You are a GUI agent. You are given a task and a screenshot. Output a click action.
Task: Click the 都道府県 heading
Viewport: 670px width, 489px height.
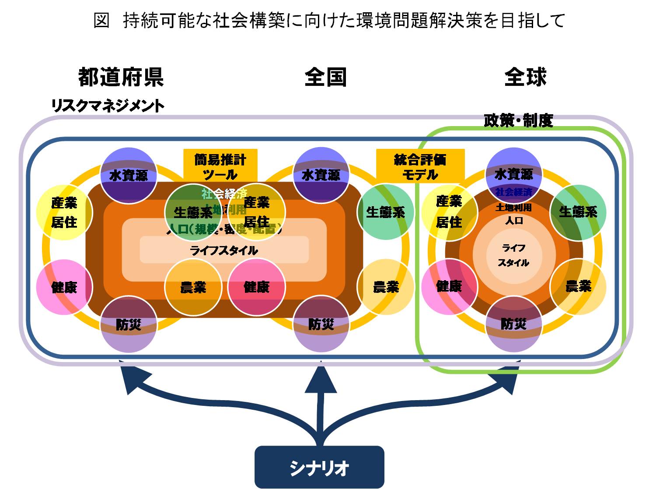121,77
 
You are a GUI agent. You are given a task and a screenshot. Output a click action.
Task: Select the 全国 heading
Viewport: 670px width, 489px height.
326,77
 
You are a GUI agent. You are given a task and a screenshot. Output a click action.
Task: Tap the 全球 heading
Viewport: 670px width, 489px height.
525,77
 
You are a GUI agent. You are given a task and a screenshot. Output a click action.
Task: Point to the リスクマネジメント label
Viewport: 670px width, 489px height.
108,106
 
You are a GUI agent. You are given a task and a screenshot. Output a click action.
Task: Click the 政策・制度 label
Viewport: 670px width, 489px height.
518,120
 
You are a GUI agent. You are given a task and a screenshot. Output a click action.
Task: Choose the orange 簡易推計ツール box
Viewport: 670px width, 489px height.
220,166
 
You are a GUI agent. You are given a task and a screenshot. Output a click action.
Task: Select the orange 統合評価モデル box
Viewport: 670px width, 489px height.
420,166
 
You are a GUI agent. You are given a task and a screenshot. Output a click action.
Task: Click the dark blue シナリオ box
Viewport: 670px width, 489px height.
319,467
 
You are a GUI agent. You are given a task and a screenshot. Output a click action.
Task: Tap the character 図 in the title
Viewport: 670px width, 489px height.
101,20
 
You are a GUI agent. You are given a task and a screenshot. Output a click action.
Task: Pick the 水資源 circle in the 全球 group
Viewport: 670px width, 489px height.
514,175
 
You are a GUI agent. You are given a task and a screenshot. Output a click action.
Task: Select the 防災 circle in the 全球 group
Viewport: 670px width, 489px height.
514,324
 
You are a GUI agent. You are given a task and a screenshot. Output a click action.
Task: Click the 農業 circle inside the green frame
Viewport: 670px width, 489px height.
578,287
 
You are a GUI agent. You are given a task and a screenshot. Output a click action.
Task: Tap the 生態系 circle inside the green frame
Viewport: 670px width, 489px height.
578,212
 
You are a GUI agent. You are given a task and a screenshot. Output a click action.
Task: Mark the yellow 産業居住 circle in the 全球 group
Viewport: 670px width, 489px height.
449,212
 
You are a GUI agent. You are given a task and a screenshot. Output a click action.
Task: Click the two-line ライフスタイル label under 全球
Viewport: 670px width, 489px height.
514,255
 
